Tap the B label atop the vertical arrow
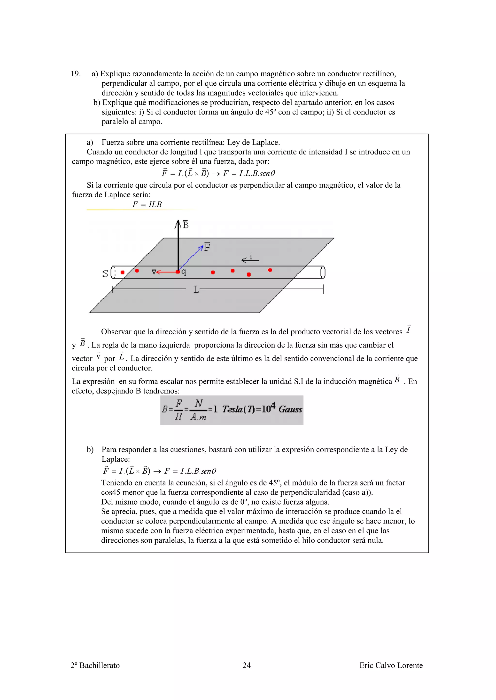tap(186, 225)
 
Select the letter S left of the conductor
tap(105, 273)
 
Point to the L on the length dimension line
tap(196, 289)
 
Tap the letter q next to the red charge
tap(184, 272)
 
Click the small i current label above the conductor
tap(251, 257)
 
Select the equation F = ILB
tap(147, 204)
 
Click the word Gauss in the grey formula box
tap(290, 409)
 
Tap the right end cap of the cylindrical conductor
tap(323, 272)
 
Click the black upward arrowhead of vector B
tap(178, 223)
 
